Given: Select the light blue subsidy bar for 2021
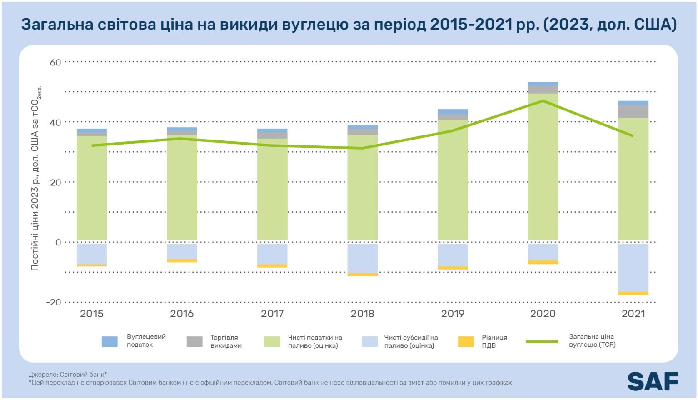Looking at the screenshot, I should coord(633,268).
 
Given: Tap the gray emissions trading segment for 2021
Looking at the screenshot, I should coord(633,111).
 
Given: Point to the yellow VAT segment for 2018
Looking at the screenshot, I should coord(362,275).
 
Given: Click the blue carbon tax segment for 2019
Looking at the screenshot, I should coord(453,111).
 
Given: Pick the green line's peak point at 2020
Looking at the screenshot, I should coord(543,100).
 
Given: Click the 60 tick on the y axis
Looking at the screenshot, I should coord(55,62).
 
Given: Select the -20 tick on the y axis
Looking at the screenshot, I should coord(54,302).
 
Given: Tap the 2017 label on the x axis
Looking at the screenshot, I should coord(272,314).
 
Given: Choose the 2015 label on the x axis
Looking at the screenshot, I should coord(92,314).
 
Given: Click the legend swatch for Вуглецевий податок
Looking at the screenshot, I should coord(110,341).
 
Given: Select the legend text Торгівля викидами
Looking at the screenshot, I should coord(226,341).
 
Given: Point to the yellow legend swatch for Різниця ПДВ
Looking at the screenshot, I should coord(466,341).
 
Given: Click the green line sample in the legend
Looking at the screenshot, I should coord(542,341).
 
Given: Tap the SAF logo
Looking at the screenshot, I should coord(653,381).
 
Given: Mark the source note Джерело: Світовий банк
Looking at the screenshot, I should coord(67,375).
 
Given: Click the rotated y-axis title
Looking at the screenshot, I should coord(35,180).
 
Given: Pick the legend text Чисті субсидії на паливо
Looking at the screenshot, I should coord(411,341).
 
